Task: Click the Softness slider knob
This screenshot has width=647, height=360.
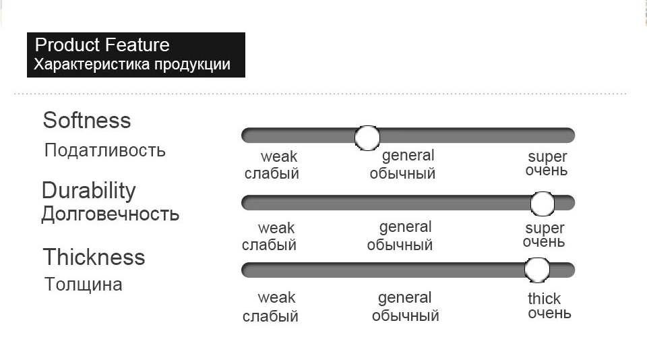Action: pyautogui.click(x=367, y=138)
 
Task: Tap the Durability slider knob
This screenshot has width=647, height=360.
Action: pyautogui.click(x=542, y=204)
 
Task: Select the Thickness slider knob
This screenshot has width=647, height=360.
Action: pyautogui.click(x=537, y=270)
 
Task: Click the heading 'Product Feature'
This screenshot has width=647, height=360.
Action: pyautogui.click(x=102, y=44)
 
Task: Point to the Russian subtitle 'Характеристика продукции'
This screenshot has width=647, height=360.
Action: pyautogui.click(x=132, y=65)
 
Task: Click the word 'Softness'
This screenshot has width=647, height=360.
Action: pyautogui.click(x=87, y=120)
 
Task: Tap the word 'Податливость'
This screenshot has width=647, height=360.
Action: pyautogui.click(x=105, y=150)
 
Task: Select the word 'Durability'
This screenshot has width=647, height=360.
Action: pyautogui.click(x=89, y=191)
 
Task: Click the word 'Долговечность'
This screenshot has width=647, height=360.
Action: pyautogui.click(x=110, y=214)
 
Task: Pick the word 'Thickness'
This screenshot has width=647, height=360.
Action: pyautogui.click(x=94, y=257)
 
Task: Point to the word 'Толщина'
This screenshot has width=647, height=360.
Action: pyautogui.click(x=83, y=284)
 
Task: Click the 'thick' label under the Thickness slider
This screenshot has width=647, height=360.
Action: pyautogui.click(x=545, y=298)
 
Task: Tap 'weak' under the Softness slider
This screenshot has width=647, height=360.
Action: pyautogui.click(x=279, y=157)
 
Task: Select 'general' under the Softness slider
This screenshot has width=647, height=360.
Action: pyautogui.click(x=408, y=156)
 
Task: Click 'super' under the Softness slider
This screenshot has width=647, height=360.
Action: pyautogui.click(x=547, y=157)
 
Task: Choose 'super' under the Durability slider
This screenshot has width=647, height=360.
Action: pyautogui.click(x=545, y=229)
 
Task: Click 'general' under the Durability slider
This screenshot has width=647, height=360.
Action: pyautogui.click(x=405, y=227)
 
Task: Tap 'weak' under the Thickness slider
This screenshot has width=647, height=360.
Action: pyautogui.click(x=276, y=298)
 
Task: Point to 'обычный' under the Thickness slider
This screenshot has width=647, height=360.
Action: pyautogui.click(x=405, y=316)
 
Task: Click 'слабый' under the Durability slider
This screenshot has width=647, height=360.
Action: pyautogui.click(x=269, y=245)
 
